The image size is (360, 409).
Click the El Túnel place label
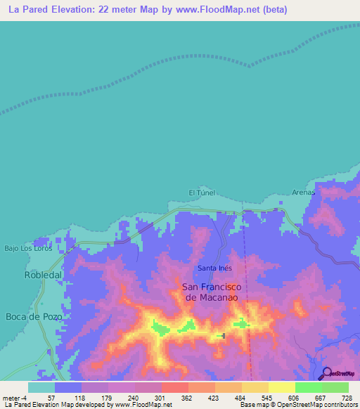(201, 193)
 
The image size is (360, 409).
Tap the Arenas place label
(304, 192)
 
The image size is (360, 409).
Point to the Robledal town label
(44, 275)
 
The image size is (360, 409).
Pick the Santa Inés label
(214, 268)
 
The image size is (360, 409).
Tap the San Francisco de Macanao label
(212, 292)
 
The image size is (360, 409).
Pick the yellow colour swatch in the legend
(281, 387)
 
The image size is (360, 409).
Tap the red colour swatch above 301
(174, 387)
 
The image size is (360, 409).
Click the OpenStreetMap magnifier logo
(328, 373)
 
